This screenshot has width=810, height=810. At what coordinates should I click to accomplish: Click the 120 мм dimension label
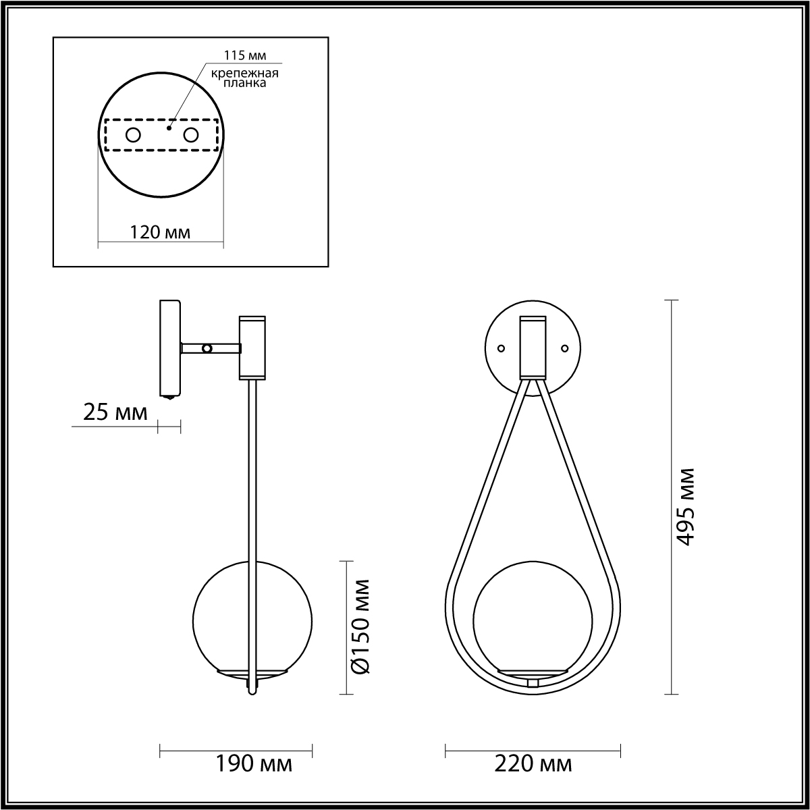pos(160,233)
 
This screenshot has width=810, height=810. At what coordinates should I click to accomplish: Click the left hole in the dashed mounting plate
pos(133,135)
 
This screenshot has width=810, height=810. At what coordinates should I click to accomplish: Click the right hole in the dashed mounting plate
pos(191,135)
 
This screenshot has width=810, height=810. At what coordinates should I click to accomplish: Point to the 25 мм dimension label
pos(115,412)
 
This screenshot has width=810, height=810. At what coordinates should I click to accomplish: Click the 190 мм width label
pos(254,764)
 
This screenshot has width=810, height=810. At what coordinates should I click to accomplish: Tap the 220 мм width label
pos(533,764)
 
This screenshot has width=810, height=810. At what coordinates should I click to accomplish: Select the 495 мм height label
pos(686,506)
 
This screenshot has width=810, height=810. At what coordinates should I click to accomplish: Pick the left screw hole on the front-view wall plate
pos(501,348)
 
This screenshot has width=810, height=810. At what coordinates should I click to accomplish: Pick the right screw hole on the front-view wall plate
pos(565,348)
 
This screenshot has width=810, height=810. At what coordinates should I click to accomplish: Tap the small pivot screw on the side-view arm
pos(207,348)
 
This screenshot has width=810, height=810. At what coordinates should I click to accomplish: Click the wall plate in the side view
pos(169,348)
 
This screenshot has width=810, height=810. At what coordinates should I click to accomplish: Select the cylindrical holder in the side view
pos(252,347)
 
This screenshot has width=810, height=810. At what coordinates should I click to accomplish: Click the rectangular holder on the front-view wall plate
pos(533,347)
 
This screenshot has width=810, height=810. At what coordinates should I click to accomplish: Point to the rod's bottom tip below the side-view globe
pos(252,691)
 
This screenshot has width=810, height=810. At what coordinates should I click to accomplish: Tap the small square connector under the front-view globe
pos(533,682)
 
